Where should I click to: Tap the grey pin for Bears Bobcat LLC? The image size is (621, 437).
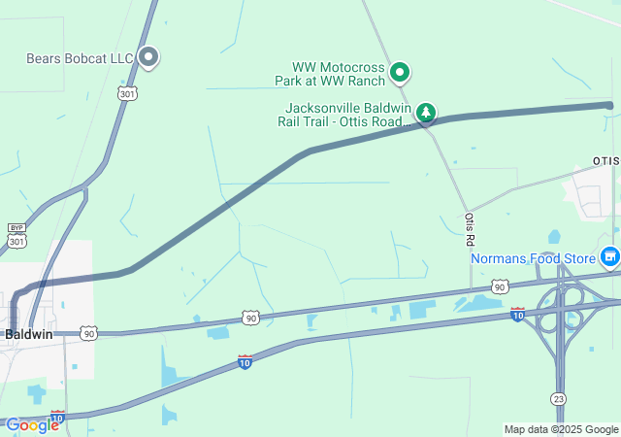(148, 57)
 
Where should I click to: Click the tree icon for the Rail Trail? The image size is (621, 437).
(425, 114)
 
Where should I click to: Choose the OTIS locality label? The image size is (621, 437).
(605, 160)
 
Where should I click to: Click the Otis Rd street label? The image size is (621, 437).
(470, 229)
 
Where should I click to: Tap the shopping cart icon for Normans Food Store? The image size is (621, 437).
(609, 257)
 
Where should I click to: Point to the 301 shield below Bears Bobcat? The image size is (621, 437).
(127, 92)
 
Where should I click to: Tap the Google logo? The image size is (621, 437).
(32, 424)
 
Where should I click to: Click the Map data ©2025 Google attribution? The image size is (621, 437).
(561, 429)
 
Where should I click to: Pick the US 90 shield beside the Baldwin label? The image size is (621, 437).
(89, 333)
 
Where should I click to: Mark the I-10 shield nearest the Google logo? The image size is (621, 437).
(57, 417)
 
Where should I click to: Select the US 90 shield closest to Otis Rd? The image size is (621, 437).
(499, 286)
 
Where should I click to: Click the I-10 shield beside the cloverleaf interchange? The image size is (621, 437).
(517, 314)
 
